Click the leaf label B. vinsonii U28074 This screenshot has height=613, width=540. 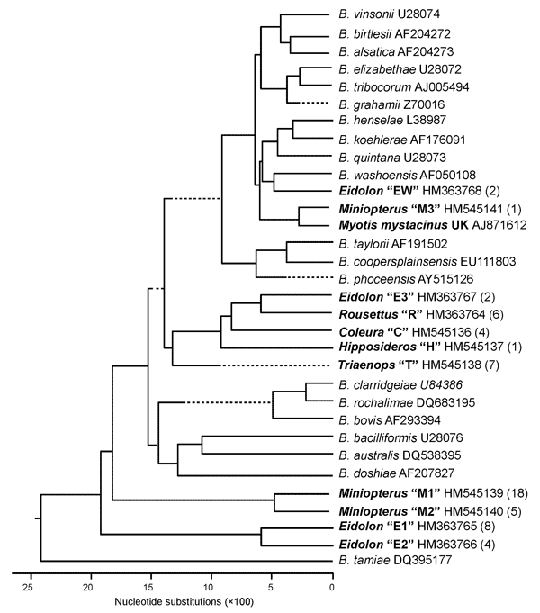(x=389, y=14)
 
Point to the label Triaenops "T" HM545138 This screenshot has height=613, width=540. (x=418, y=365)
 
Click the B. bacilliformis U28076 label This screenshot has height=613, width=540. (x=400, y=437)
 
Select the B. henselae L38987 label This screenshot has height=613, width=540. (x=392, y=120)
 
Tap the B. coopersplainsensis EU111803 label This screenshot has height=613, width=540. (x=427, y=261)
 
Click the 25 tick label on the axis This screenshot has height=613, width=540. (x=27, y=587)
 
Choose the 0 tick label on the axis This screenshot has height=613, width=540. (x=332, y=587)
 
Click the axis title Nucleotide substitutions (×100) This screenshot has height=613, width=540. (x=184, y=601)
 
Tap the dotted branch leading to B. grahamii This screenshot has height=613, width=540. (x=314, y=103)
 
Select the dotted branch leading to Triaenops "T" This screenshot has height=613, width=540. (x=274, y=365)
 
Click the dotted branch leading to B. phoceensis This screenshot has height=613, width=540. (x=307, y=277)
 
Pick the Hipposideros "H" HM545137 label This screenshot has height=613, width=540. (x=430, y=347)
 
